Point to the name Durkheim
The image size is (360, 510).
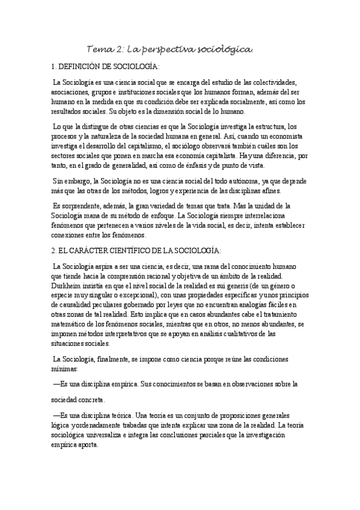(x=68, y=284)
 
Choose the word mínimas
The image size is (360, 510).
(x=64, y=367)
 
